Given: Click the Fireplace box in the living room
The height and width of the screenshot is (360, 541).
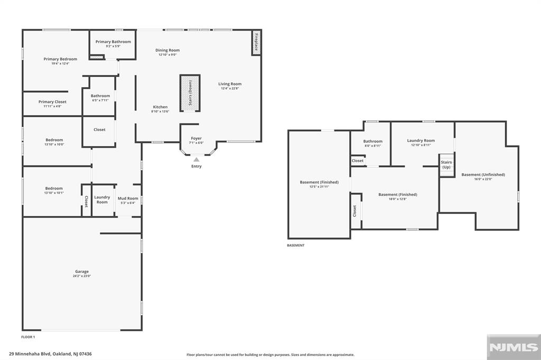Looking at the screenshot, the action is [x=256, y=42].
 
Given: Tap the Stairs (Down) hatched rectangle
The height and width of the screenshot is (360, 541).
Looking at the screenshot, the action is [x=190, y=93].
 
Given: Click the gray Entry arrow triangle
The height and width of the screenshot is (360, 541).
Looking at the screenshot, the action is [x=197, y=159].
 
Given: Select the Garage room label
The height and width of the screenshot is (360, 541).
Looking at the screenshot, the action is [x=82, y=271].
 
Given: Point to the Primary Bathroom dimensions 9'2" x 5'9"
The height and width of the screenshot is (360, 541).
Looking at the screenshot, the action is [x=113, y=46].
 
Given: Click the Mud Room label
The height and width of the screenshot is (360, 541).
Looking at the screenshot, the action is [x=128, y=198].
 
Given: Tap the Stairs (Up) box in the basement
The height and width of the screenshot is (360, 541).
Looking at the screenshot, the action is [x=446, y=165].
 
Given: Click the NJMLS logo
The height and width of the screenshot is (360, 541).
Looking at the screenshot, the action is [x=514, y=347].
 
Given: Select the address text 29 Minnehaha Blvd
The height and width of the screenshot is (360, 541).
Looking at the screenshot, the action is [x=30, y=354].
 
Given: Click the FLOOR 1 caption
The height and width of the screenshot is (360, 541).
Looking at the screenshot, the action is [x=28, y=337].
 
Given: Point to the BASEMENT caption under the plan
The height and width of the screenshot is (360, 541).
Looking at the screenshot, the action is [x=296, y=245].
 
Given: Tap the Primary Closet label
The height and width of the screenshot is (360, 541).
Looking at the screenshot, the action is [x=52, y=102].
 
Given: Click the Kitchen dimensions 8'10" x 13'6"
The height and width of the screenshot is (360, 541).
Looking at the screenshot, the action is [x=160, y=111].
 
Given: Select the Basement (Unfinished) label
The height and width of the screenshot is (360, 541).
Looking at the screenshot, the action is [x=483, y=175].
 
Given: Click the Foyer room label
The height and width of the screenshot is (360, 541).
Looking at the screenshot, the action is [x=197, y=138].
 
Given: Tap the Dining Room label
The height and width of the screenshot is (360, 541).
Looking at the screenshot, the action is [x=167, y=50].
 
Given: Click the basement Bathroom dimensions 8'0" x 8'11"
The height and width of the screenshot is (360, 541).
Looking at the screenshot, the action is [x=373, y=146].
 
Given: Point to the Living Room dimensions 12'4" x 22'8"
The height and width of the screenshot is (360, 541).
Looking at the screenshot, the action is [x=230, y=88].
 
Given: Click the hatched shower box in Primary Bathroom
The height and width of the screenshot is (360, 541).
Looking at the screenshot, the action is [x=97, y=57].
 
